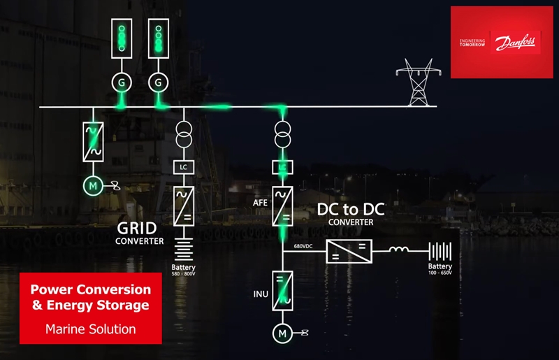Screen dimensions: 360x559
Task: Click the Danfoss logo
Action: point(516,45)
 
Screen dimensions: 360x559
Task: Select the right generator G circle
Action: point(159,82)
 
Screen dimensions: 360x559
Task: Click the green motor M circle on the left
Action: point(92,185)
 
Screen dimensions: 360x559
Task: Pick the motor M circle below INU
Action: point(283,334)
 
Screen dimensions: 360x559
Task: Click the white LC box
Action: point(183,168)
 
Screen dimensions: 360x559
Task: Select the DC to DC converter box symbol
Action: point(349,252)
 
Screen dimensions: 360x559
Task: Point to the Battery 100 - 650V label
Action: point(440,269)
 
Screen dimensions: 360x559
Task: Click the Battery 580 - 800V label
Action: point(183,271)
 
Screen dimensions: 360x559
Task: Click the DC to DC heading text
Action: point(351,209)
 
